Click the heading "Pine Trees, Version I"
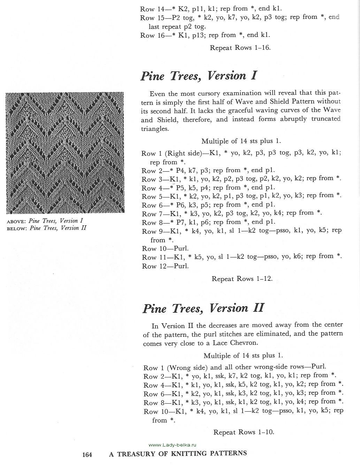pos(198,76)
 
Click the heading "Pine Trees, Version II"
pos(203,308)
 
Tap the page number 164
pos(87,455)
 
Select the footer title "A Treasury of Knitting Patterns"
pos(178,454)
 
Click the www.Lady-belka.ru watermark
pos(173,445)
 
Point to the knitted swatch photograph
pos(65,153)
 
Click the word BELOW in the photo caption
pos(17,228)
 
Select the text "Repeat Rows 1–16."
pos(240,48)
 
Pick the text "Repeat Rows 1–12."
pos(242,279)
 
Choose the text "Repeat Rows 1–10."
pos(244,432)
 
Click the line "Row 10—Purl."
pos(165,249)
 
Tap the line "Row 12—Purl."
pos(165,266)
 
